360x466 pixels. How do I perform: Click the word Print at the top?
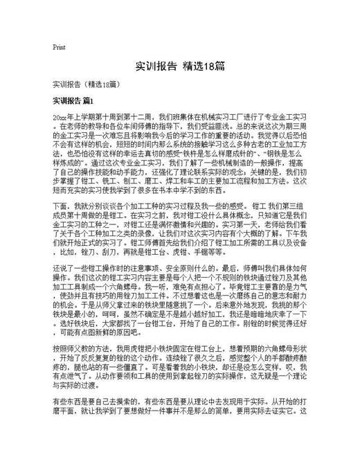[x=59, y=47]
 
